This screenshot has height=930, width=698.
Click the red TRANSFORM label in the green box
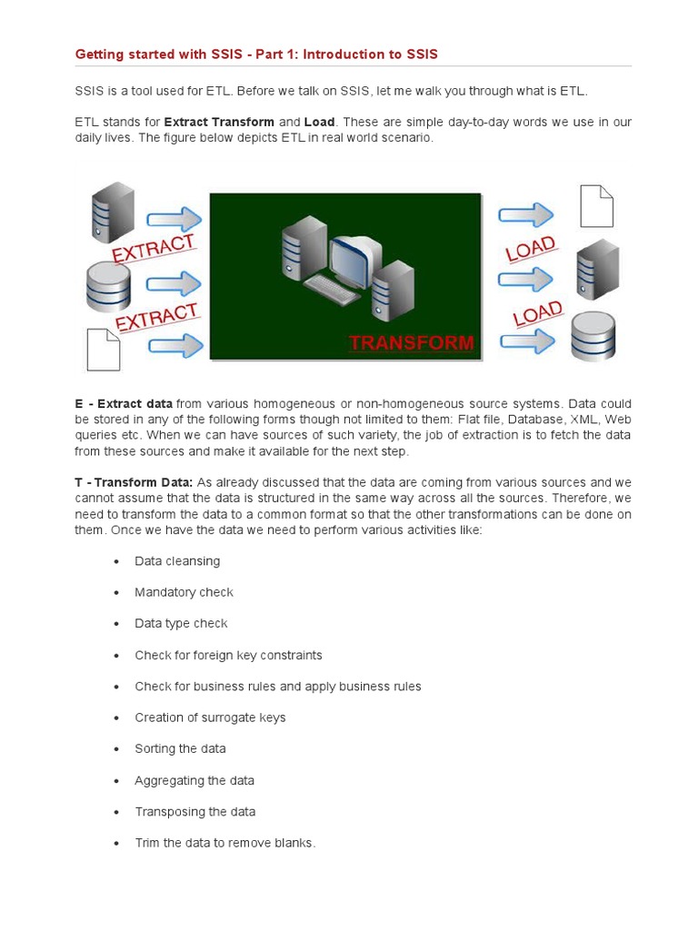click(412, 342)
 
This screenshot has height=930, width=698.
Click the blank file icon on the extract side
click(102, 349)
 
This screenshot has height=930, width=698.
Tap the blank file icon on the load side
click(596, 205)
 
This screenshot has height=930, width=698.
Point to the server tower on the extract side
click(112, 212)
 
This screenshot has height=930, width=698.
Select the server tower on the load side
click(597, 269)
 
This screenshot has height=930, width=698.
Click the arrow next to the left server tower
click(174, 219)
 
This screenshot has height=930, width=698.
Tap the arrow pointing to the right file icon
click(525, 215)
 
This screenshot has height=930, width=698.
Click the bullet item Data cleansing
click(177, 561)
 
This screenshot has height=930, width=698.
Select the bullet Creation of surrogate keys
click(210, 717)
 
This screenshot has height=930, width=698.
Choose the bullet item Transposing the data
click(194, 811)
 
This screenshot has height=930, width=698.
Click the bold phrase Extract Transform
click(219, 122)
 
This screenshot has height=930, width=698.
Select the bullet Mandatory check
click(184, 592)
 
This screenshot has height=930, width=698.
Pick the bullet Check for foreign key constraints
click(228, 655)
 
